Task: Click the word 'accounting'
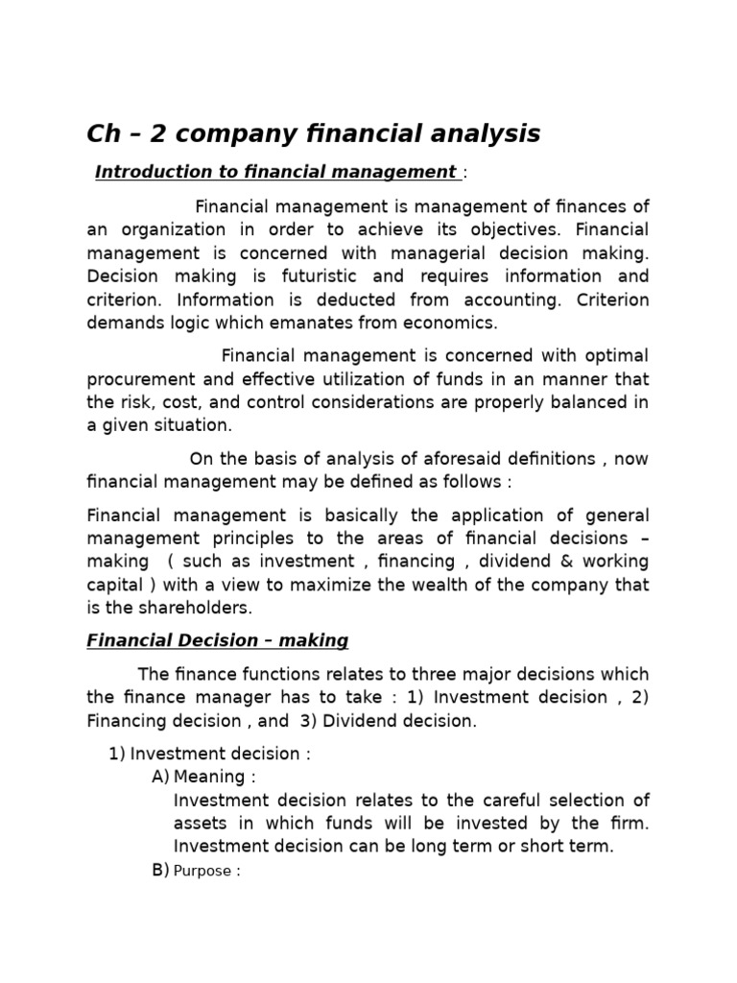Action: coord(518,300)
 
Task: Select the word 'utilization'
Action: coord(407,378)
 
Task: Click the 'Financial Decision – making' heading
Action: coord(217,640)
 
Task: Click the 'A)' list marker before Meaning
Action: coord(160,777)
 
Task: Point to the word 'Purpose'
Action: coord(201,872)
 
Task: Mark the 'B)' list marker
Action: coord(160,871)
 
